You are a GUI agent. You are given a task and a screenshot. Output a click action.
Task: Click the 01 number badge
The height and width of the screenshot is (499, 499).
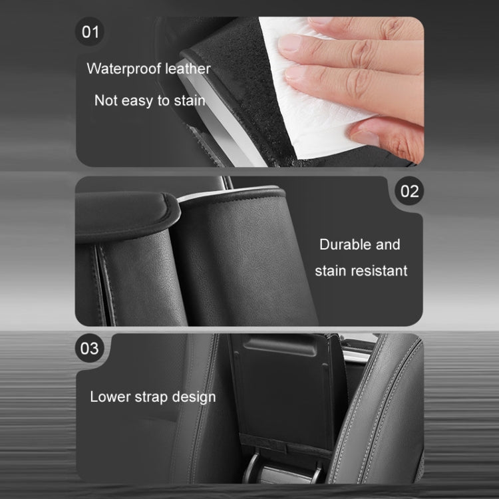90,31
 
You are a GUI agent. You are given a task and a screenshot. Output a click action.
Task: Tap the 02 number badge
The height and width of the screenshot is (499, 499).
410,192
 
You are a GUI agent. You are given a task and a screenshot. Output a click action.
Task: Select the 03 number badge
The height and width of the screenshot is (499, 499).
90,349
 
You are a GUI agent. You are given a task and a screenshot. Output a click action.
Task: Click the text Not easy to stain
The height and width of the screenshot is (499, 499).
150,100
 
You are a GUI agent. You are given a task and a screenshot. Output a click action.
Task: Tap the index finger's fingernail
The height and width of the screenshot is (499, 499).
290,43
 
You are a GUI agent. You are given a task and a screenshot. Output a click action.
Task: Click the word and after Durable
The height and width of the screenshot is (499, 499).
389,244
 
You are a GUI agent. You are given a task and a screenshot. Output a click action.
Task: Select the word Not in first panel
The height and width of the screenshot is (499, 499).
106,100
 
